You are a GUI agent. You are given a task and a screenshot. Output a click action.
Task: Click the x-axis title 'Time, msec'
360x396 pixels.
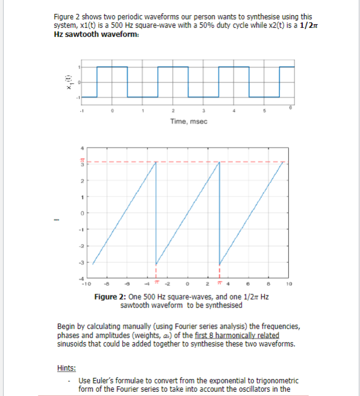click(x=188, y=121)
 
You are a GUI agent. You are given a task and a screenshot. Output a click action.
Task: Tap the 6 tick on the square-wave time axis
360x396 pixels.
click(x=292, y=107)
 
